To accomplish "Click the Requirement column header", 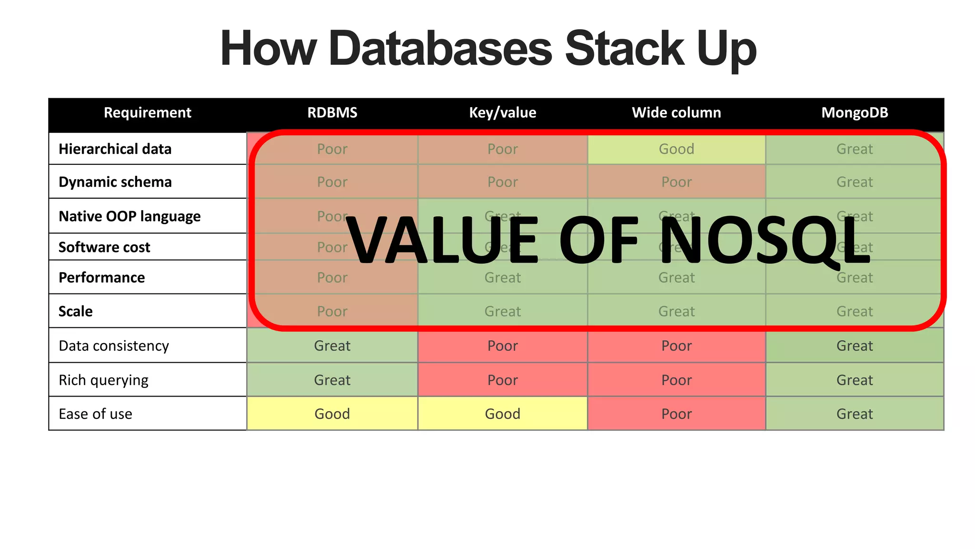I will tap(147, 113).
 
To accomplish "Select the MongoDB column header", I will tap(854, 113).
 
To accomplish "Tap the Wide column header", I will tap(676, 113).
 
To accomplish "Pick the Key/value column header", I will tap(502, 113).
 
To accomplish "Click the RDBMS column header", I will tap(332, 113).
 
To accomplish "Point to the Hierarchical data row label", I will tap(115, 149).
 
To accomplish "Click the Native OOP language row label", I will tap(129, 216).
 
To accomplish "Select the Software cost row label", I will tap(104, 247).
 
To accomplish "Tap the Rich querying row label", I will tap(103, 380).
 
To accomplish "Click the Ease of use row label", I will tap(95, 414).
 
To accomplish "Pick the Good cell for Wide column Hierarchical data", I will tap(676, 149).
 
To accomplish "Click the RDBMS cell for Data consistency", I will tap(332, 346).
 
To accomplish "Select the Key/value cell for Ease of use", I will tap(502, 414).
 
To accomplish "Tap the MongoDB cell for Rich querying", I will tap(854, 380).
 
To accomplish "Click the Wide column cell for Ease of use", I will tap(676, 414).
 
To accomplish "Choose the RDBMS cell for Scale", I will tap(332, 312).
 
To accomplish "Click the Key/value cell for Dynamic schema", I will tap(502, 182).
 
